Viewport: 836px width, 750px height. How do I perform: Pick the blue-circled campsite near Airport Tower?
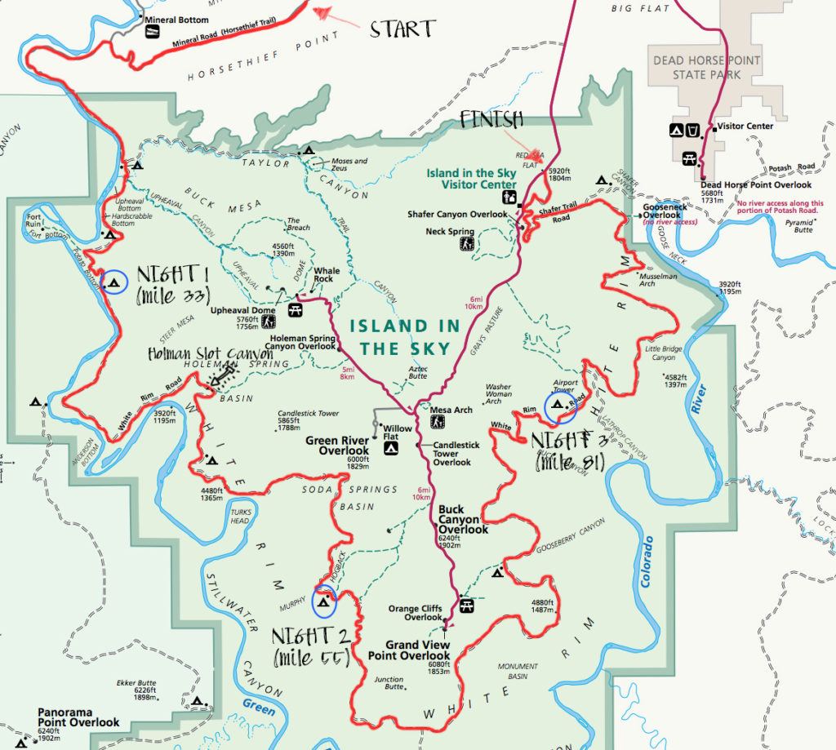(559, 405)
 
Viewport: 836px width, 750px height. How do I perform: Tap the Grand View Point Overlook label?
(408, 650)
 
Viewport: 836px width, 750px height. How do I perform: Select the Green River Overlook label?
(338, 446)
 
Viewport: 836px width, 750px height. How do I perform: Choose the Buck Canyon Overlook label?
(463, 519)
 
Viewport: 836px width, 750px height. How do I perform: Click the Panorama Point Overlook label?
(78, 717)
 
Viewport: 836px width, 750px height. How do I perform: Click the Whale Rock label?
(327, 276)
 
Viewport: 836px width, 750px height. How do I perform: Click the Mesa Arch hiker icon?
(438, 423)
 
